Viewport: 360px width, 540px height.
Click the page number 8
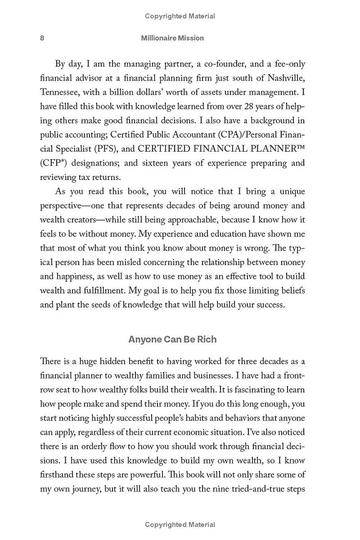click(x=42, y=38)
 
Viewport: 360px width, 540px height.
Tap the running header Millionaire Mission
click(x=172, y=38)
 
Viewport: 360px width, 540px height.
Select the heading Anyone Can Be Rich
click(x=172, y=339)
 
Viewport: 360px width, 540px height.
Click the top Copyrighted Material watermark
click(x=180, y=16)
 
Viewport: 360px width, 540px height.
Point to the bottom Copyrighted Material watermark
click(x=180, y=524)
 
